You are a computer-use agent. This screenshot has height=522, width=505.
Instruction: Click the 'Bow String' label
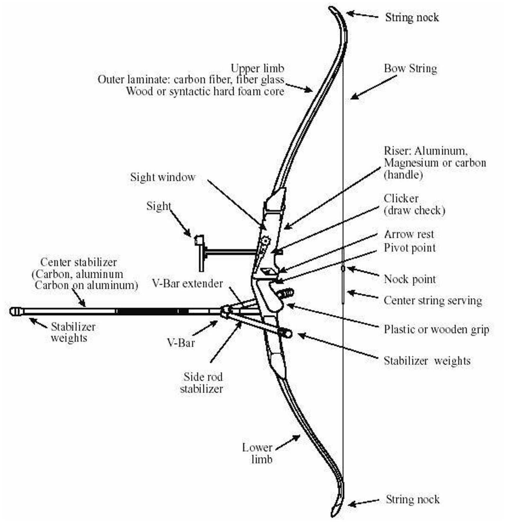(x=410, y=69)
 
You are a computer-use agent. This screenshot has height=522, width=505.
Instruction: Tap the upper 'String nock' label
(x=412, y=17)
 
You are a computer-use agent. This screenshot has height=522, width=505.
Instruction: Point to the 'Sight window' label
(x=163, y=177)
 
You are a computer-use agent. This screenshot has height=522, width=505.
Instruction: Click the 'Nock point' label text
(x=410, y=279)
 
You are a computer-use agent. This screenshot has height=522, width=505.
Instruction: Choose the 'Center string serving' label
(x=433, y=301)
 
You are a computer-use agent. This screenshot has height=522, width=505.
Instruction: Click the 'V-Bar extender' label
(x=187, y=284)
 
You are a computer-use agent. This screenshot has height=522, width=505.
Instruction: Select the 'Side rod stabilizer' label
(x=202, y=383)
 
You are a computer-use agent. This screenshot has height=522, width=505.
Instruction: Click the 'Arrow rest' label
(x=409, y=234)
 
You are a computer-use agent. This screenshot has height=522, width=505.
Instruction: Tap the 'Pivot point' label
(x=410, y=248)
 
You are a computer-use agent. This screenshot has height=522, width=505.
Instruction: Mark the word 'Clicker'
(x=401, y=199)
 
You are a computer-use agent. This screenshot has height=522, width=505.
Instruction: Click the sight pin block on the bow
(x=200, y=240)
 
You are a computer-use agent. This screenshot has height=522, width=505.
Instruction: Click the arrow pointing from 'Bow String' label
(x=373, y=87)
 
